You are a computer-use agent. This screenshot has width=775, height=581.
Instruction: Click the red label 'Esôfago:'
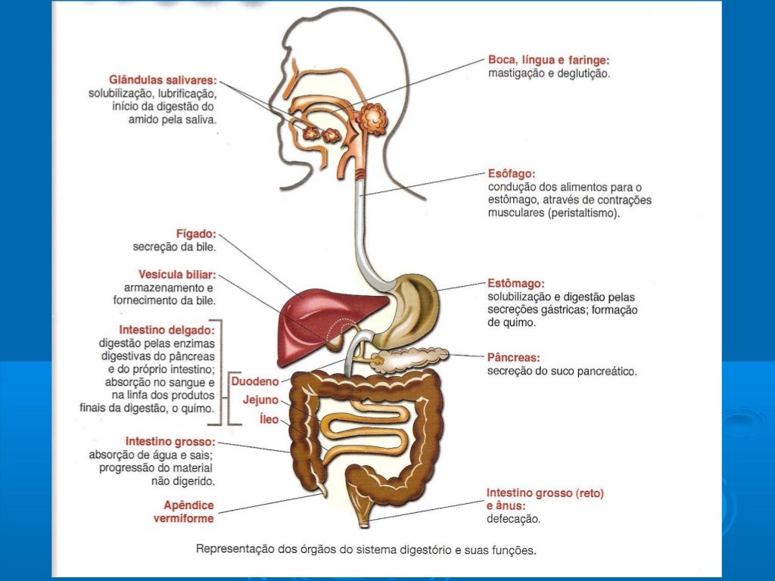coord(512,174)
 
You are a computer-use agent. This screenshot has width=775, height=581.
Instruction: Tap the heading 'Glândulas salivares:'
coord(163,80)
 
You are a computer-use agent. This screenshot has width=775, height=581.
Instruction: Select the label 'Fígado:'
coord(196,234)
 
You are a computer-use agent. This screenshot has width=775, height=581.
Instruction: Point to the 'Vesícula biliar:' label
coord(177,275)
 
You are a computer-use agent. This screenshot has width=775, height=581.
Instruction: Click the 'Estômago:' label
coord(515,284)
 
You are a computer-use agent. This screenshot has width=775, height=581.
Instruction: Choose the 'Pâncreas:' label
coord(514,357)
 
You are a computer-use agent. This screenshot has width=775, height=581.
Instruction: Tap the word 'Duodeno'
coord(255,381)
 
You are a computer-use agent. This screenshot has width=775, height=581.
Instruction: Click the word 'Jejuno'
coord(260,400)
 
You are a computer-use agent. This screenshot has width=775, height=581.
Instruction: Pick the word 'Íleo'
coord(269,419)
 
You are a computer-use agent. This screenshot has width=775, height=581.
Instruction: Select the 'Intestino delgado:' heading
coord(167,330)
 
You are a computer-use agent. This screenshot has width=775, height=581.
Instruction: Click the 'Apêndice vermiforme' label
coord(184,512)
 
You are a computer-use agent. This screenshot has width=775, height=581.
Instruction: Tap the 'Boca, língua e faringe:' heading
coord(549,61)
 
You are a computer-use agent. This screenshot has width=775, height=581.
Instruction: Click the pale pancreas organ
coord(412,358)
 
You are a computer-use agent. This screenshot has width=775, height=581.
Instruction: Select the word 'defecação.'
coord(514,519)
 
